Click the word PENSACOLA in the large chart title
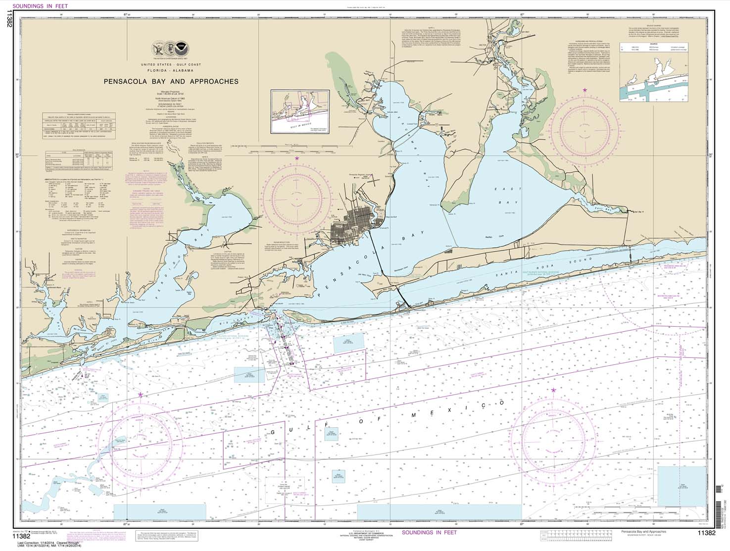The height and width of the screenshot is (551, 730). [128, 82]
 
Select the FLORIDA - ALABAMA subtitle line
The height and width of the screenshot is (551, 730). [170, 71]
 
